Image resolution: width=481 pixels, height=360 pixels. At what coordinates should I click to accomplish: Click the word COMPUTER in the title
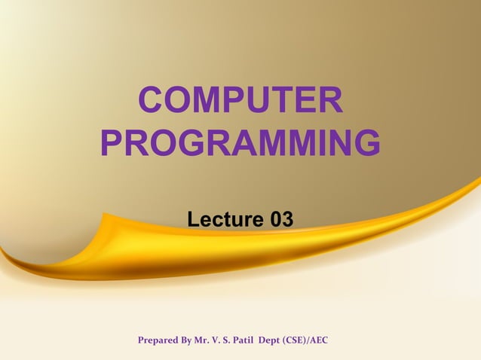240,102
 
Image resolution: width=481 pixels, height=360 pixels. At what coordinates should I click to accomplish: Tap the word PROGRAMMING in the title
240,143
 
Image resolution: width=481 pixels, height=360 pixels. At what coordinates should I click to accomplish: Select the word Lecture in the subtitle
219,219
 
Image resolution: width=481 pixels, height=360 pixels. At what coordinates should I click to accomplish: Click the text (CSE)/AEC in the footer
305,341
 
